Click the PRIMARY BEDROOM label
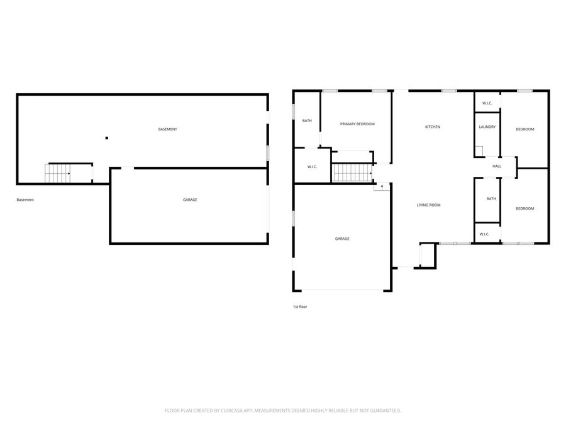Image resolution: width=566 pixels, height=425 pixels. (x=357, y=124)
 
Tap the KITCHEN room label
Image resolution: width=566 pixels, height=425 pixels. (x=433, y=127)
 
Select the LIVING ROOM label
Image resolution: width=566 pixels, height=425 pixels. (x=428, y=205)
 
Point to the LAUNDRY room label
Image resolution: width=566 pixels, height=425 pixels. (x=487, y=127)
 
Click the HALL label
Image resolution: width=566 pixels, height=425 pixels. (x=497, y=166)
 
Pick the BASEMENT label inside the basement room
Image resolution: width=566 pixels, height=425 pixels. (x=167, y=129)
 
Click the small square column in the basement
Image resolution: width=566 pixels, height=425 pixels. (x=106, y=138)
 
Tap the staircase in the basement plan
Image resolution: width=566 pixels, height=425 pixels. (x=58, y=173)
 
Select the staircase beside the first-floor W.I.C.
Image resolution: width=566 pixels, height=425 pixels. (x=352, y=173)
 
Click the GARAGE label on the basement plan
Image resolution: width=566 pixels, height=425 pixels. (x=190, y=200)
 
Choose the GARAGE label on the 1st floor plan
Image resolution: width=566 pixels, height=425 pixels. (x=342, y=239)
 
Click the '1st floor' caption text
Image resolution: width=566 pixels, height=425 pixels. (x=299, y=307)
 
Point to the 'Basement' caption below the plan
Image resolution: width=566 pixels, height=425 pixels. (x=25, y=200)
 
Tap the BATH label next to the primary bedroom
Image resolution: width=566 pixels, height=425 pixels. (x=307, y=121)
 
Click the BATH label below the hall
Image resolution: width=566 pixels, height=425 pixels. (x=491, y=199)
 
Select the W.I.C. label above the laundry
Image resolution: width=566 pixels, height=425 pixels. (x=487, y=103)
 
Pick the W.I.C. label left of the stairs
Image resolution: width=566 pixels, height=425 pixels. (x=312, y=167)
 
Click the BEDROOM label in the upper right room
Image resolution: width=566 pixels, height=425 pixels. (x=524, y=129)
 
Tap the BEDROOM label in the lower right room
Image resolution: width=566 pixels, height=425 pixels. (x=524, y=208)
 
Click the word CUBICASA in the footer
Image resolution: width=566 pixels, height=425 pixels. (x=237, y=411)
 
